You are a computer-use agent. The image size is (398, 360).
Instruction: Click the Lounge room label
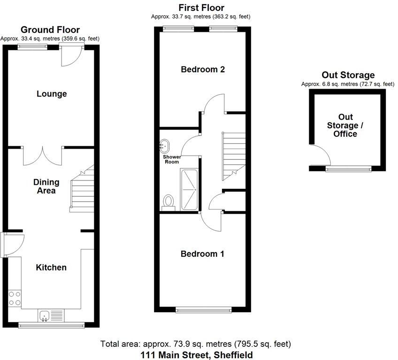coord(52,94)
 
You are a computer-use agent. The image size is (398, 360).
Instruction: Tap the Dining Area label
coord(46,186)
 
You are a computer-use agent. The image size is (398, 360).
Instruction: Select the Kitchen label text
coord(52,267)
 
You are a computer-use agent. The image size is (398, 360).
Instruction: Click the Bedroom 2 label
coord(203,69)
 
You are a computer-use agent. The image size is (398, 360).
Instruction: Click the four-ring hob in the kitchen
coord(15,298)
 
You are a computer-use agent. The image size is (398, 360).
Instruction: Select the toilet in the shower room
coord(168,202)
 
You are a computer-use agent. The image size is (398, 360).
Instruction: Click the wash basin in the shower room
coord(165,145)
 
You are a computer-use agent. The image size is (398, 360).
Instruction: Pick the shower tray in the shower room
coord(189,189)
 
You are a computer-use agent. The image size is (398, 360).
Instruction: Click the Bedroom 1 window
coord(203,309)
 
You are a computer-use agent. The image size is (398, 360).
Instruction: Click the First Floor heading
coord(201,7)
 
